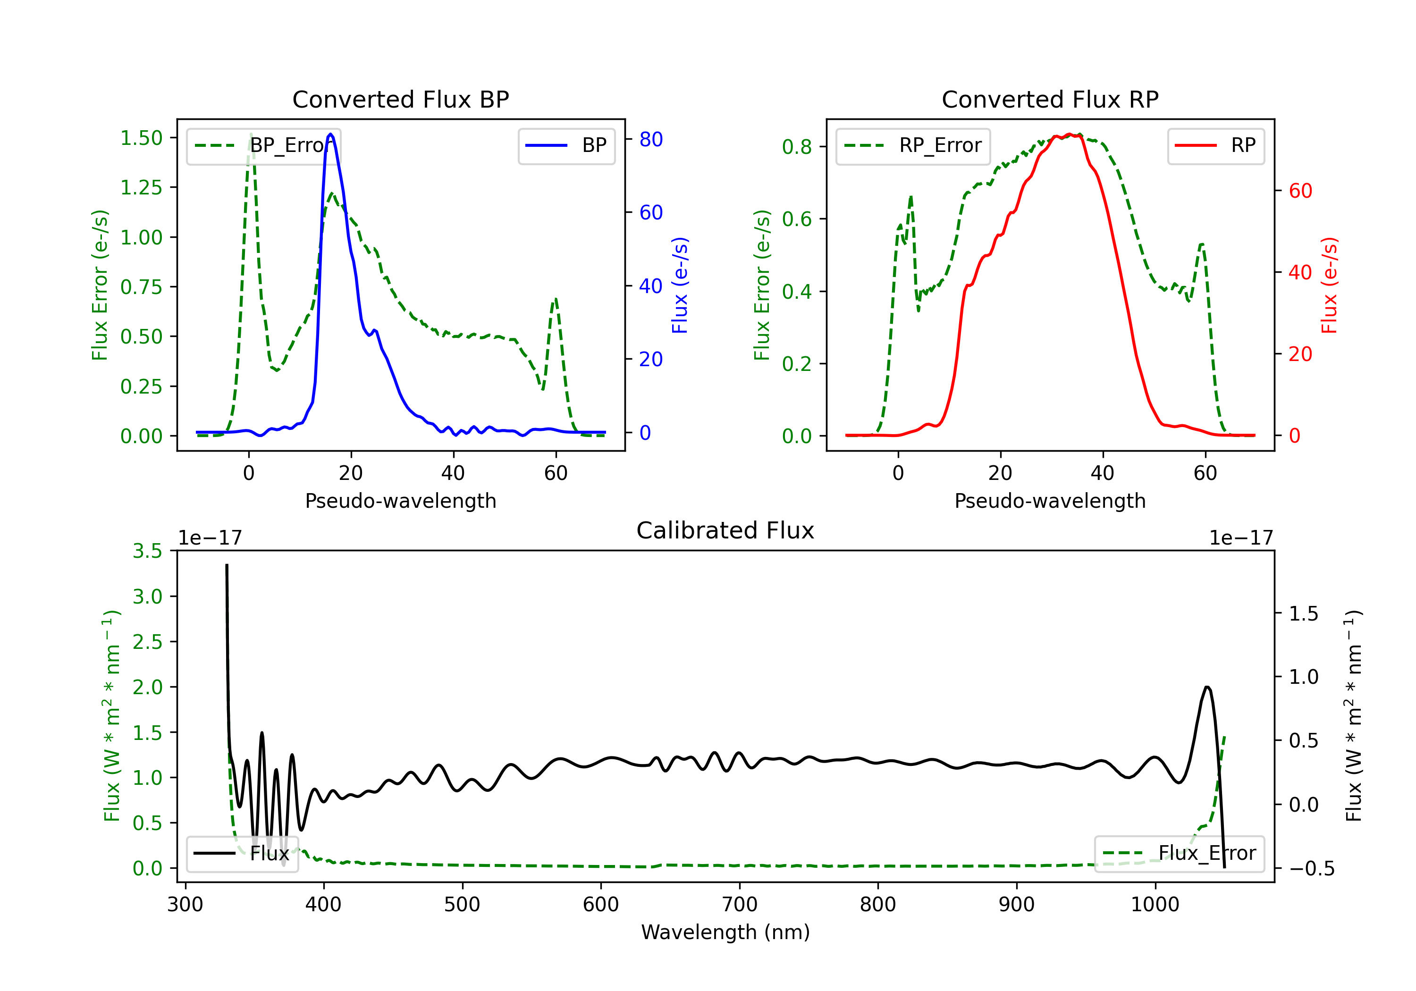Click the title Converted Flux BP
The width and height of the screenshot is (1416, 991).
pyautogui.click(x=400, y=99)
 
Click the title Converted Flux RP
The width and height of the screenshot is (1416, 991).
pyautogui.click(x=1050, y=99)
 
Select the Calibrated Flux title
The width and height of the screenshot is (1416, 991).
pyautogui.click(x=725, y=530)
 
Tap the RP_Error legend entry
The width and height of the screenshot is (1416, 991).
pyautogui.click(x=913, y=145)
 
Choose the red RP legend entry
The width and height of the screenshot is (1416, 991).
pyautogui.click(x=1215, y=145)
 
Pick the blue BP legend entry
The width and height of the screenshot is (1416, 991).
pyautogui.click(x=566, y=145)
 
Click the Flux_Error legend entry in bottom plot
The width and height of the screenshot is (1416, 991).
pyautogui.click(x=1179, y=854)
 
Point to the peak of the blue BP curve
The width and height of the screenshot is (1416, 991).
pyautogui.click(x=330, y=134)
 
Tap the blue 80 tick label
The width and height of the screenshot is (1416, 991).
pyautogui.click(x=650, y=139)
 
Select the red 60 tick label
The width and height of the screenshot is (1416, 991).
pyautogui.click(x=1300, y=191)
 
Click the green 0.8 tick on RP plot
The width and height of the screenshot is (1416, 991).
pyautogui.click(x=797, y=147)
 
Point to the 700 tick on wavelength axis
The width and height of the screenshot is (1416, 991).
pyautogui.click(x=740, y=904)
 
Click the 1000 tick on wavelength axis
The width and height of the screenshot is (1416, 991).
pyautogui.click(x=1155, y=904)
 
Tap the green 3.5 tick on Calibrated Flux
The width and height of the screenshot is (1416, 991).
pyautogui.click(x=147, y=551)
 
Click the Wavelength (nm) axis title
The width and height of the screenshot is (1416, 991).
pyautogui.click(x=725, y=932)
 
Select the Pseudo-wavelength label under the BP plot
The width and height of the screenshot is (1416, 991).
pyautogui.click(x=400, y=501)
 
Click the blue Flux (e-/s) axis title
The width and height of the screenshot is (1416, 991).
pyautogui.click(x=680, y=285)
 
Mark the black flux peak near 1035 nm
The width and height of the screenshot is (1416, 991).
pyautogui.click(x=1207, y=687)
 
